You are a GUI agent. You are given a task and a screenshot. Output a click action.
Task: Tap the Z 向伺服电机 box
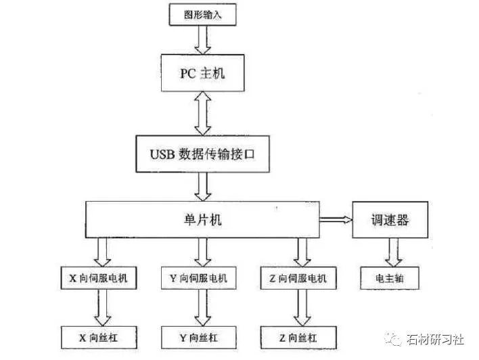coord(298,278)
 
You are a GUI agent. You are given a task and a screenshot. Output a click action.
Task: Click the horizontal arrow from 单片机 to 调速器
coord(335,219)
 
